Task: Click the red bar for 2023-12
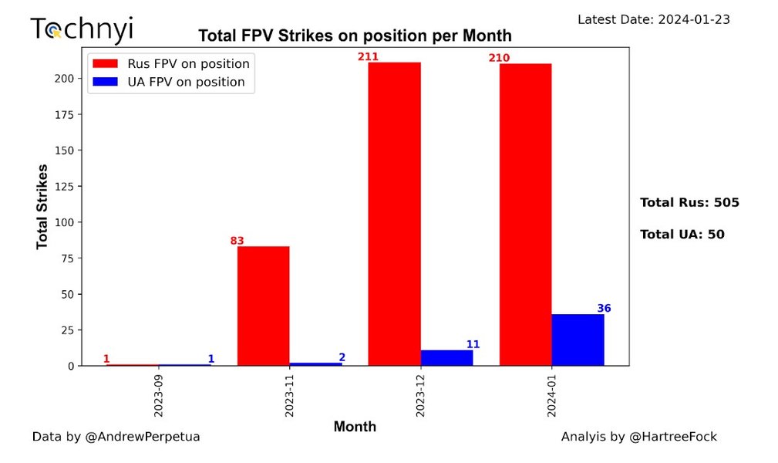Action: click(394, 214)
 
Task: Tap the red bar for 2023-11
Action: click(263, 306)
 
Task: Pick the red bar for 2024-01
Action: click(525, 215)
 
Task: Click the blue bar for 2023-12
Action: click(446, 357)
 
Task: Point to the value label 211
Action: click(368, 56)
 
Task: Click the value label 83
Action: click(237, 241)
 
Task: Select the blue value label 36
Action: click(604, 309)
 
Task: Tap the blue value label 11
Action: click(473, 344)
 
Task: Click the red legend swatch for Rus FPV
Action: click(105, 63)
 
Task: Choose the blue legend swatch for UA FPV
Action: click(105, 82)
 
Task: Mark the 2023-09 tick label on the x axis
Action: click(158, 397)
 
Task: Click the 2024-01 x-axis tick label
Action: click(551, 397)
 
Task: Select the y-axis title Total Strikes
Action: click(42, 206)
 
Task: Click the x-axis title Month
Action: click(355, 427)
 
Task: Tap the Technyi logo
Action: click(81, 29)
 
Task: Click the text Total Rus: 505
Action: click(689, 203)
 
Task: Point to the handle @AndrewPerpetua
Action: click(142, 437)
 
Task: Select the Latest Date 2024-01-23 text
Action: click(653, 19)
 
